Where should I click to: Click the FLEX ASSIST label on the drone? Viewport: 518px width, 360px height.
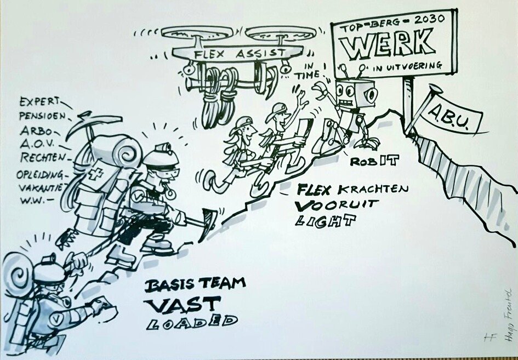tap(237, 54)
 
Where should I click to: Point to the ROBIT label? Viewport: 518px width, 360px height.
tap(375, 160)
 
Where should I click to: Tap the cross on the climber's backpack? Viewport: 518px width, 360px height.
tap(98, 175)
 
